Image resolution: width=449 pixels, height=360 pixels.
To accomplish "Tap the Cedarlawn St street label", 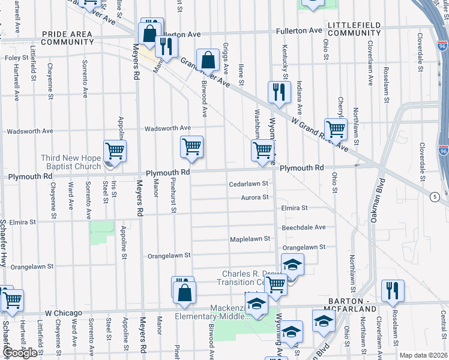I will (x=248, y=184).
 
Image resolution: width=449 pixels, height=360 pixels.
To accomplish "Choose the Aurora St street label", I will (x=254, y=197).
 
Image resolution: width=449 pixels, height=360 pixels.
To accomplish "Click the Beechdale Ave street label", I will (x=303, y=227).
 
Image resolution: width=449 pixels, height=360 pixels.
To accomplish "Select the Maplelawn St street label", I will (x=250, y=239).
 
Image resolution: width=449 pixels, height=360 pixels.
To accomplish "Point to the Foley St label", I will (x=17, y=58).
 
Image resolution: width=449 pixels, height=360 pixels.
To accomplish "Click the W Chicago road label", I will (x=63, y=313).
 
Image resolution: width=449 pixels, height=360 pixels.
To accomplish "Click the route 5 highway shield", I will (x=433, y=197).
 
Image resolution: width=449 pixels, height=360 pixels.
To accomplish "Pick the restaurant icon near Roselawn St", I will (x=393, y=290).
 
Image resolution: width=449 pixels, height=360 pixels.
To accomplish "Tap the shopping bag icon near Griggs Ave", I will (x=207, y=60).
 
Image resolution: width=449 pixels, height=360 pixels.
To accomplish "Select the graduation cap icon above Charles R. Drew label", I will (x=292, y=264).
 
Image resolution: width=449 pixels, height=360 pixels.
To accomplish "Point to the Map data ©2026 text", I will (x=423, y=355).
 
